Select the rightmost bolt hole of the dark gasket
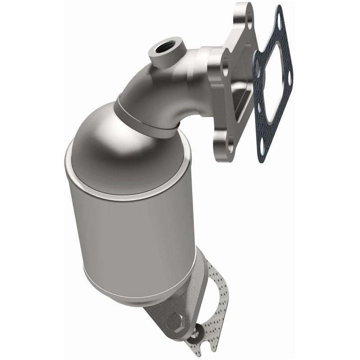(289, 81)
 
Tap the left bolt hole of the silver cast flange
(224, 67)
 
